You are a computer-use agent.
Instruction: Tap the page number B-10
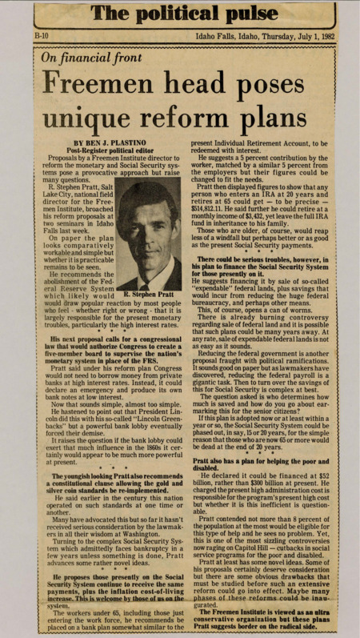click(42, 37)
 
